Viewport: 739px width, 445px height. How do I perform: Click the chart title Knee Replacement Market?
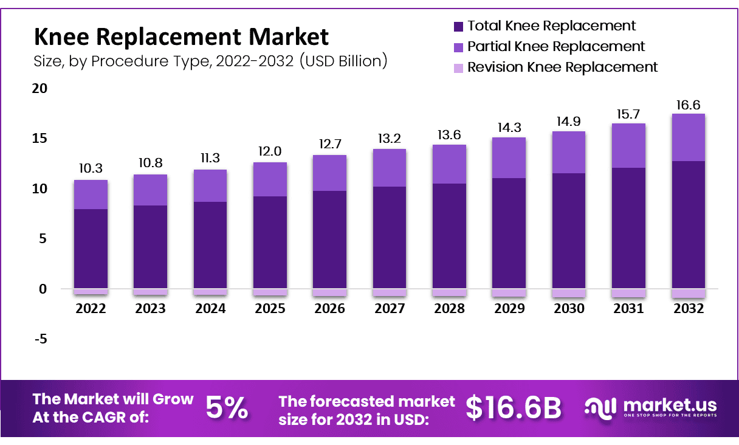[x=181, y=37]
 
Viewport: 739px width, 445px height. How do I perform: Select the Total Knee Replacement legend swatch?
[x=458, y=27]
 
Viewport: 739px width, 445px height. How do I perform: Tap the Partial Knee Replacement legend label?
[x=555, y=46]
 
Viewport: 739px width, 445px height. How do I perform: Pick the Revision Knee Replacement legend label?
[x=562, y=67]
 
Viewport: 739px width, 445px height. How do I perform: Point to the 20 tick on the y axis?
[x=40, y=89]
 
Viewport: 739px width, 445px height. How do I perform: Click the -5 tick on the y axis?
[x=40, y=339]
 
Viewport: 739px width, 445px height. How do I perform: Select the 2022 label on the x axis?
[x=91, y=309]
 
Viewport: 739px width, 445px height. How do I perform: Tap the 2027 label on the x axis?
[x=390, y=309]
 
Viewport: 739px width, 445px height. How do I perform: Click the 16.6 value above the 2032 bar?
[x=688, y=105]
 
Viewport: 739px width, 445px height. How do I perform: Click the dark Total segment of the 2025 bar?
[x=270, y=242]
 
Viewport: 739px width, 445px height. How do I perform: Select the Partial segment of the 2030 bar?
[x=569, y=152]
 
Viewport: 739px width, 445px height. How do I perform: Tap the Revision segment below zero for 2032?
[x=688, y=294]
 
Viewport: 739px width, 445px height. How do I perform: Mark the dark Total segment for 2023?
[x=150, y=246]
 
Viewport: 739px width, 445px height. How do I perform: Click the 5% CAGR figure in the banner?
[x=226, y=408]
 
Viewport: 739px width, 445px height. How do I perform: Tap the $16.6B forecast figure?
[x=514, y=408]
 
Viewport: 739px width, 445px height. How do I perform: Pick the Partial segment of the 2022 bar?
[x=91, y=195]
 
